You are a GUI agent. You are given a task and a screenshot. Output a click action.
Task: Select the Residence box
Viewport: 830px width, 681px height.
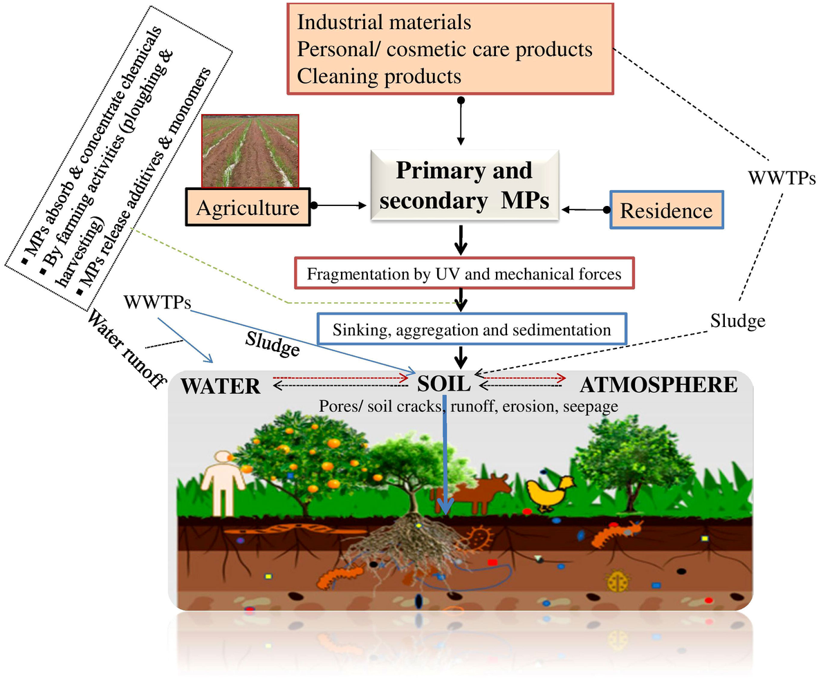click(x=667, y=209)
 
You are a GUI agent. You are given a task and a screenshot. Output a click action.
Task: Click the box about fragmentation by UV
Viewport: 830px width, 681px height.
click(x=464, y=274)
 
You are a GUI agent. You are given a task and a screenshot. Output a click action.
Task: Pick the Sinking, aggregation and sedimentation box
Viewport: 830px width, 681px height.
click(x=472, y=329)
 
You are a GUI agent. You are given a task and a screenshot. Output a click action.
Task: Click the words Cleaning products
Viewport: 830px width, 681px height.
click(x=378, y=75)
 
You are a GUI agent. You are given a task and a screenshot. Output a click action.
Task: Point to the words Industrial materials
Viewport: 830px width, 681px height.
click(x=384, y=22)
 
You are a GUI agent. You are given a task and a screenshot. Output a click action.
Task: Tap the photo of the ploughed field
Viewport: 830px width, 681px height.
click(x=250, y=151)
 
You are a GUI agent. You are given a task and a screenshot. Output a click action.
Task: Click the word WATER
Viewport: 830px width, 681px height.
click(x=221, y=386)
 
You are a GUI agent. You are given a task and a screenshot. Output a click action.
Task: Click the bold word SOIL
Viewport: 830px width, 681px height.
click(x=444, y=382)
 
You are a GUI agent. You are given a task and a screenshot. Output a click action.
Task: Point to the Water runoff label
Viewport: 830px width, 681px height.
click(x=128, y=348)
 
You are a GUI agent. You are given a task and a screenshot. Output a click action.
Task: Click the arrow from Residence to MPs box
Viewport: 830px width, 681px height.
click(x=587, y=208)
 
